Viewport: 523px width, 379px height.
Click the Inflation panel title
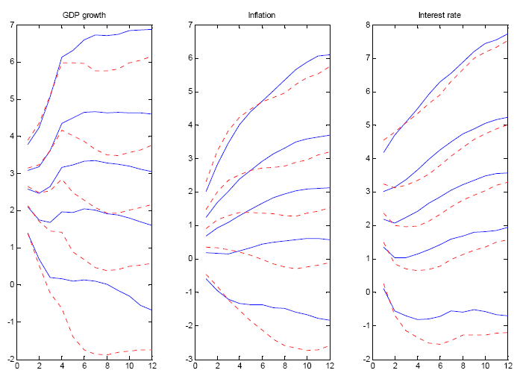pos(260,15)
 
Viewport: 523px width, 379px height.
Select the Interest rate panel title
pos(439,15)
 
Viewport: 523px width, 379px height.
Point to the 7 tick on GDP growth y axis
pos(10,25)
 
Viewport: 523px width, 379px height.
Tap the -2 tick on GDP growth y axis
pos(9,359)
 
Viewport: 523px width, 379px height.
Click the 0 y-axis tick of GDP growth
pos(10,284)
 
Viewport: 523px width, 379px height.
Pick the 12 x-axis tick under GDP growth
pos(152,366)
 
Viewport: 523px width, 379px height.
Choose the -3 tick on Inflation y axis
pos(186,359)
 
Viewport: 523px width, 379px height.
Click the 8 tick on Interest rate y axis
pos(365,25)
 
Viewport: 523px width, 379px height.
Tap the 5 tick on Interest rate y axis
pos(365,125)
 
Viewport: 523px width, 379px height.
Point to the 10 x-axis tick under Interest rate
pos(485,366)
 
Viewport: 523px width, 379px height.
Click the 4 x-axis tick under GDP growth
pos(62,366)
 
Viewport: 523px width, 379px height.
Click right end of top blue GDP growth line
pos(152,29)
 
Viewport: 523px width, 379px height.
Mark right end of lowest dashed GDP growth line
pos(152,349)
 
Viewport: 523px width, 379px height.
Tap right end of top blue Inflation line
pos(329,54)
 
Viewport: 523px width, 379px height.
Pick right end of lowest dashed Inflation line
pos(329,345)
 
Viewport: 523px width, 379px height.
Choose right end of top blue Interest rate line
pos(507,34)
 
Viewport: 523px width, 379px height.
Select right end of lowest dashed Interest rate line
pos(507,332)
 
